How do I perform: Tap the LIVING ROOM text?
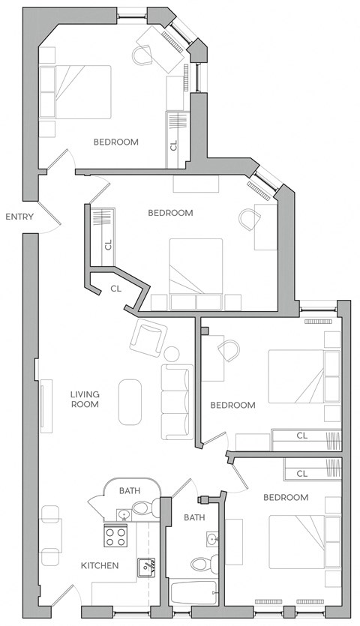[x=85, y=400]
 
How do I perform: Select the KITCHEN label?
[x=99, y=565]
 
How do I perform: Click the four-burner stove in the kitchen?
[x=115, y=537]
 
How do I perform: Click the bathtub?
[x=193, y=593]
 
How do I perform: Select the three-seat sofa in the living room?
[x=177, y=403]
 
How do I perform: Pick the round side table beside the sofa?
[x=172, y=353]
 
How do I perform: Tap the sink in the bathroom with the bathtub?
[x=211, y=539]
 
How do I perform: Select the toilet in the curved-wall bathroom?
[x=142, y=509]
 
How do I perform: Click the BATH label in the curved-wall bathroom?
[x=130, y=491]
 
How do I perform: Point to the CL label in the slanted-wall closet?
[x=115, y=288]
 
